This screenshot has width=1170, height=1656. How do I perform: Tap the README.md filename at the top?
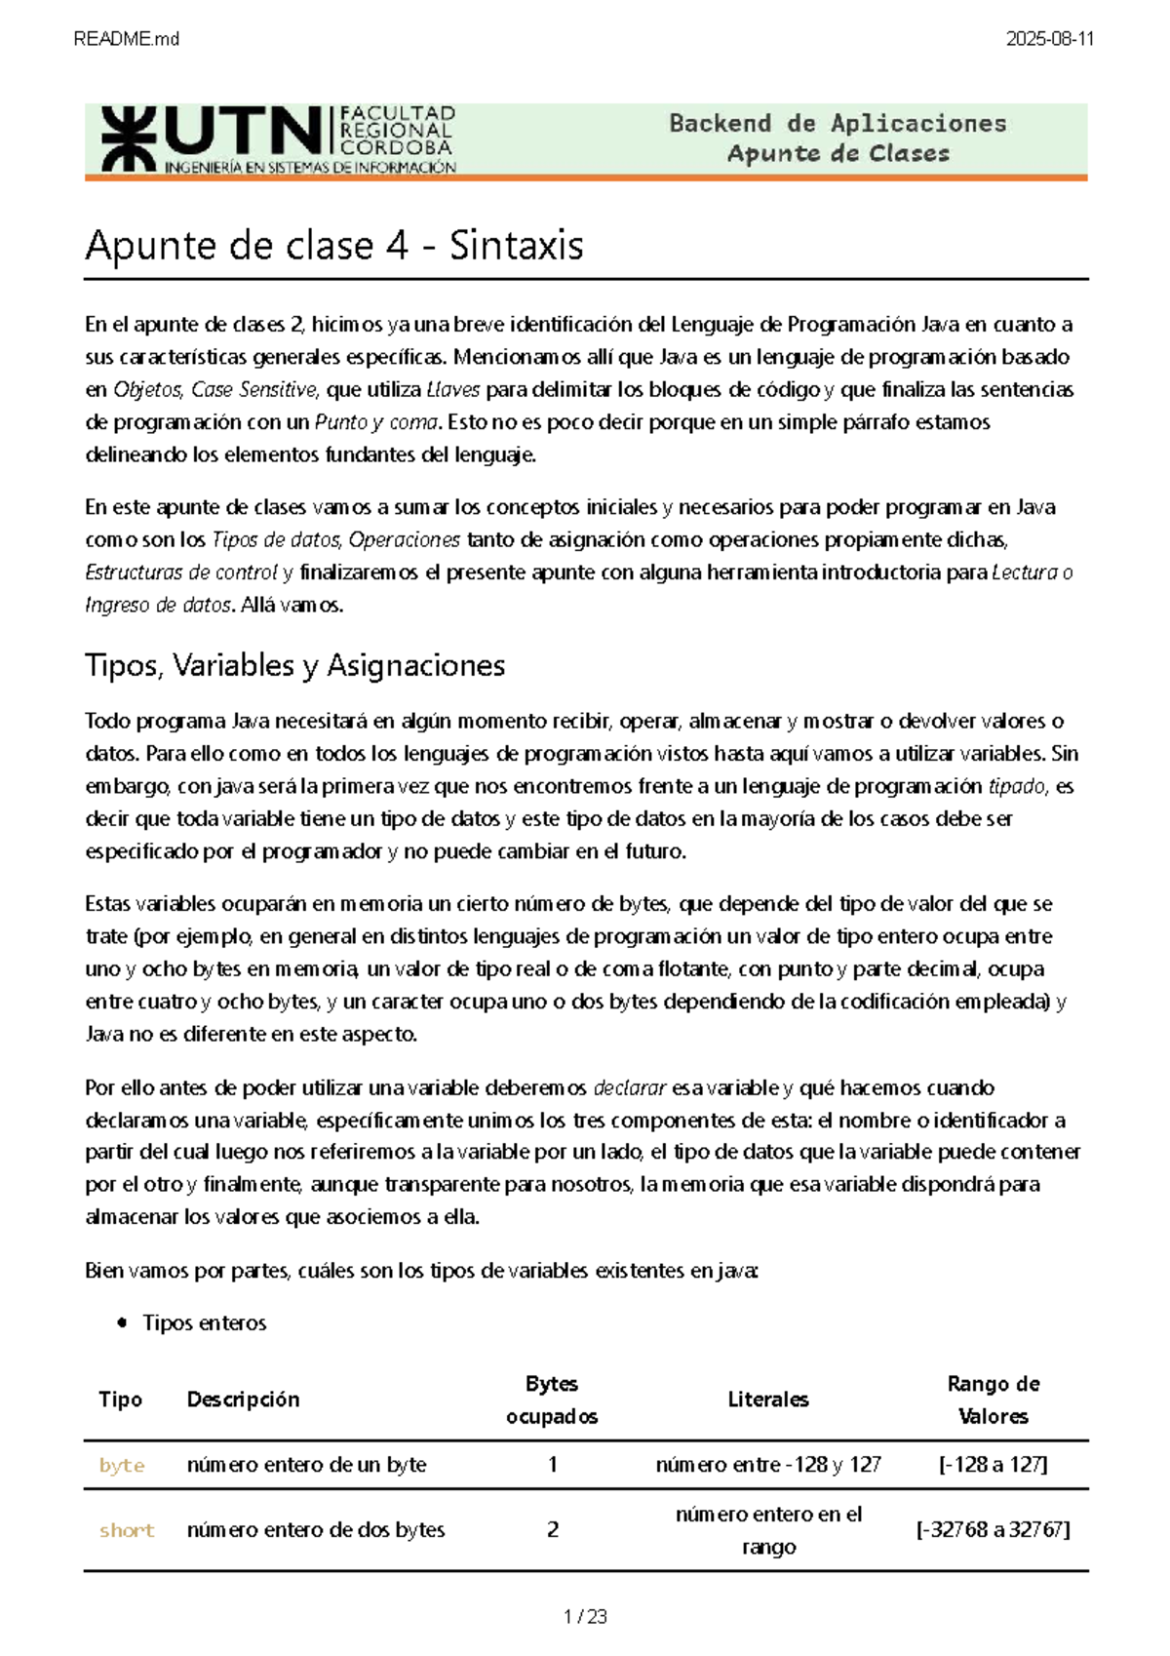pyautogui.click(x=126, y=39)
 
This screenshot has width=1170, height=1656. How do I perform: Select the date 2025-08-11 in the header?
pyautogui.click(x=1050, y=39)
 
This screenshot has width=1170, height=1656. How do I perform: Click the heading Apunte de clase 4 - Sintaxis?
pyautogui.click(x=334, y=245)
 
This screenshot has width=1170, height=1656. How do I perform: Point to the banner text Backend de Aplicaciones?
pyautogui.click(x=838, y=124)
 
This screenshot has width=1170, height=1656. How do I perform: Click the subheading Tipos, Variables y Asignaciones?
pyautogui.click(x=294, y=665)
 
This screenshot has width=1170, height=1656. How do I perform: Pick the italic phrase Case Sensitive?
pyautogui.click(x=254, y=389)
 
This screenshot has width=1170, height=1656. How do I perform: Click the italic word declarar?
pyautogui.click(x=630, y=1087)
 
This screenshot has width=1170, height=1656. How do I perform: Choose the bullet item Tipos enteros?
pyautogui.click(x=204, y=1323)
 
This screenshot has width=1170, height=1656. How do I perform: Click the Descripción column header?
pyautogui.click(x=243, y=1400)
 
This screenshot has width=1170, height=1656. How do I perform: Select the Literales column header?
pyautogui.click(x=768, y=1400)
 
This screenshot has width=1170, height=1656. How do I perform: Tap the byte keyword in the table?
pyautogui.click(x=122, y=1465)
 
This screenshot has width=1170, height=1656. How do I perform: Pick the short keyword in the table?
pyautogui.click(x=127, y=1530)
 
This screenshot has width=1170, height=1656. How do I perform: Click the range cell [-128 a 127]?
pyautogui.click(x=993, y=1465)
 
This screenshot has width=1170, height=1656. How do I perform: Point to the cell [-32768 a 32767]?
pyautogui.click(x=993, y=1530)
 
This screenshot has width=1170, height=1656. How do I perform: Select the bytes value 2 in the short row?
pyautogui.click(x=553, y=1530)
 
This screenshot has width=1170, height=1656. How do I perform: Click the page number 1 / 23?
pyautogui.click(x=585, y=1617)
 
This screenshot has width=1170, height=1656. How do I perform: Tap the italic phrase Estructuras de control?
pyautogui.click(x=181, y=572)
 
